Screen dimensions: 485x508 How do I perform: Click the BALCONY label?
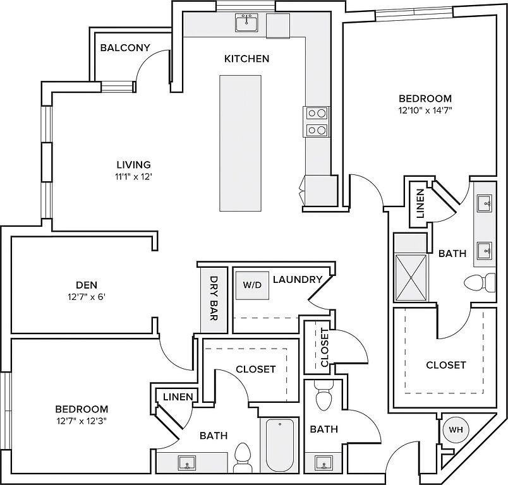125,47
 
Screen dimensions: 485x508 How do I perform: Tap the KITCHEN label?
246,59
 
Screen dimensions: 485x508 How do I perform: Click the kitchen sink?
245,23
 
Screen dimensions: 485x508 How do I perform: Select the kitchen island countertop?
240,143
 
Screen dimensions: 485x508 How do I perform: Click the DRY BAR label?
214,296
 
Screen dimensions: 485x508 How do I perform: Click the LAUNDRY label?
298,279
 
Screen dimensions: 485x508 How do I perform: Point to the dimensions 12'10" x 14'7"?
425,109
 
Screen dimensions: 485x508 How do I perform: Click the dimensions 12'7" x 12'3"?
81,421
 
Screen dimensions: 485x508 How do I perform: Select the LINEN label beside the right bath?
420,202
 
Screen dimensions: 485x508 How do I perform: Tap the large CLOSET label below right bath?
445,365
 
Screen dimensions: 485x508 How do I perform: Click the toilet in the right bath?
483,281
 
